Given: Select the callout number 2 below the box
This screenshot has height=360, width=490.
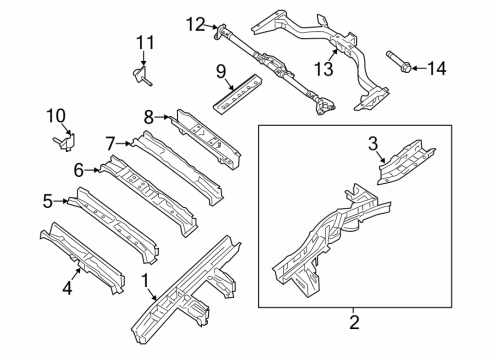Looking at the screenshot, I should (353, 323).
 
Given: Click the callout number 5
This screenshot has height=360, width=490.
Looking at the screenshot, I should (47, 200).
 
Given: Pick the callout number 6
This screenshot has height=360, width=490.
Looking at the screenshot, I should (78, 170).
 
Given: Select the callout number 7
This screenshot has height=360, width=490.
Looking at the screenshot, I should (111, 142).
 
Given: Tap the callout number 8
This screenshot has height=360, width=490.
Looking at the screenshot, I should (148, 116).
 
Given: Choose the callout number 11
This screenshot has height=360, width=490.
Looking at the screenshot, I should (146, 42).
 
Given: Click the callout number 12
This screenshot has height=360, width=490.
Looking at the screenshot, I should (193, 23).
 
